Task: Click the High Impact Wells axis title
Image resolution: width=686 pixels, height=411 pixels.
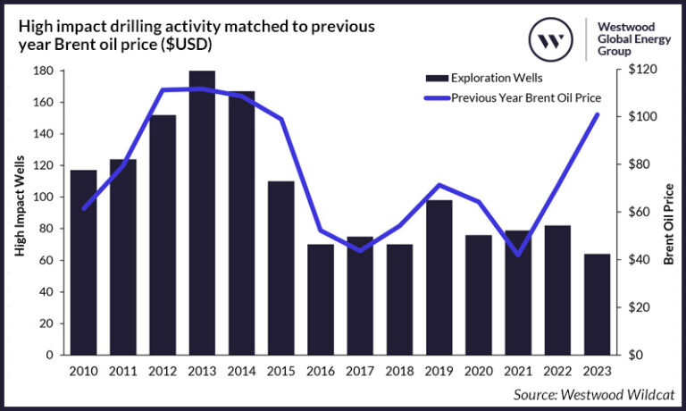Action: point(19,213)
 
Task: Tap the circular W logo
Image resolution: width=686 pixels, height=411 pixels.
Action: point(553,38)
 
